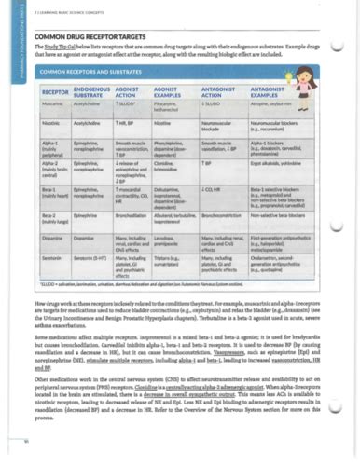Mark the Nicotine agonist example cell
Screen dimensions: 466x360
tap(167, 123)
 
